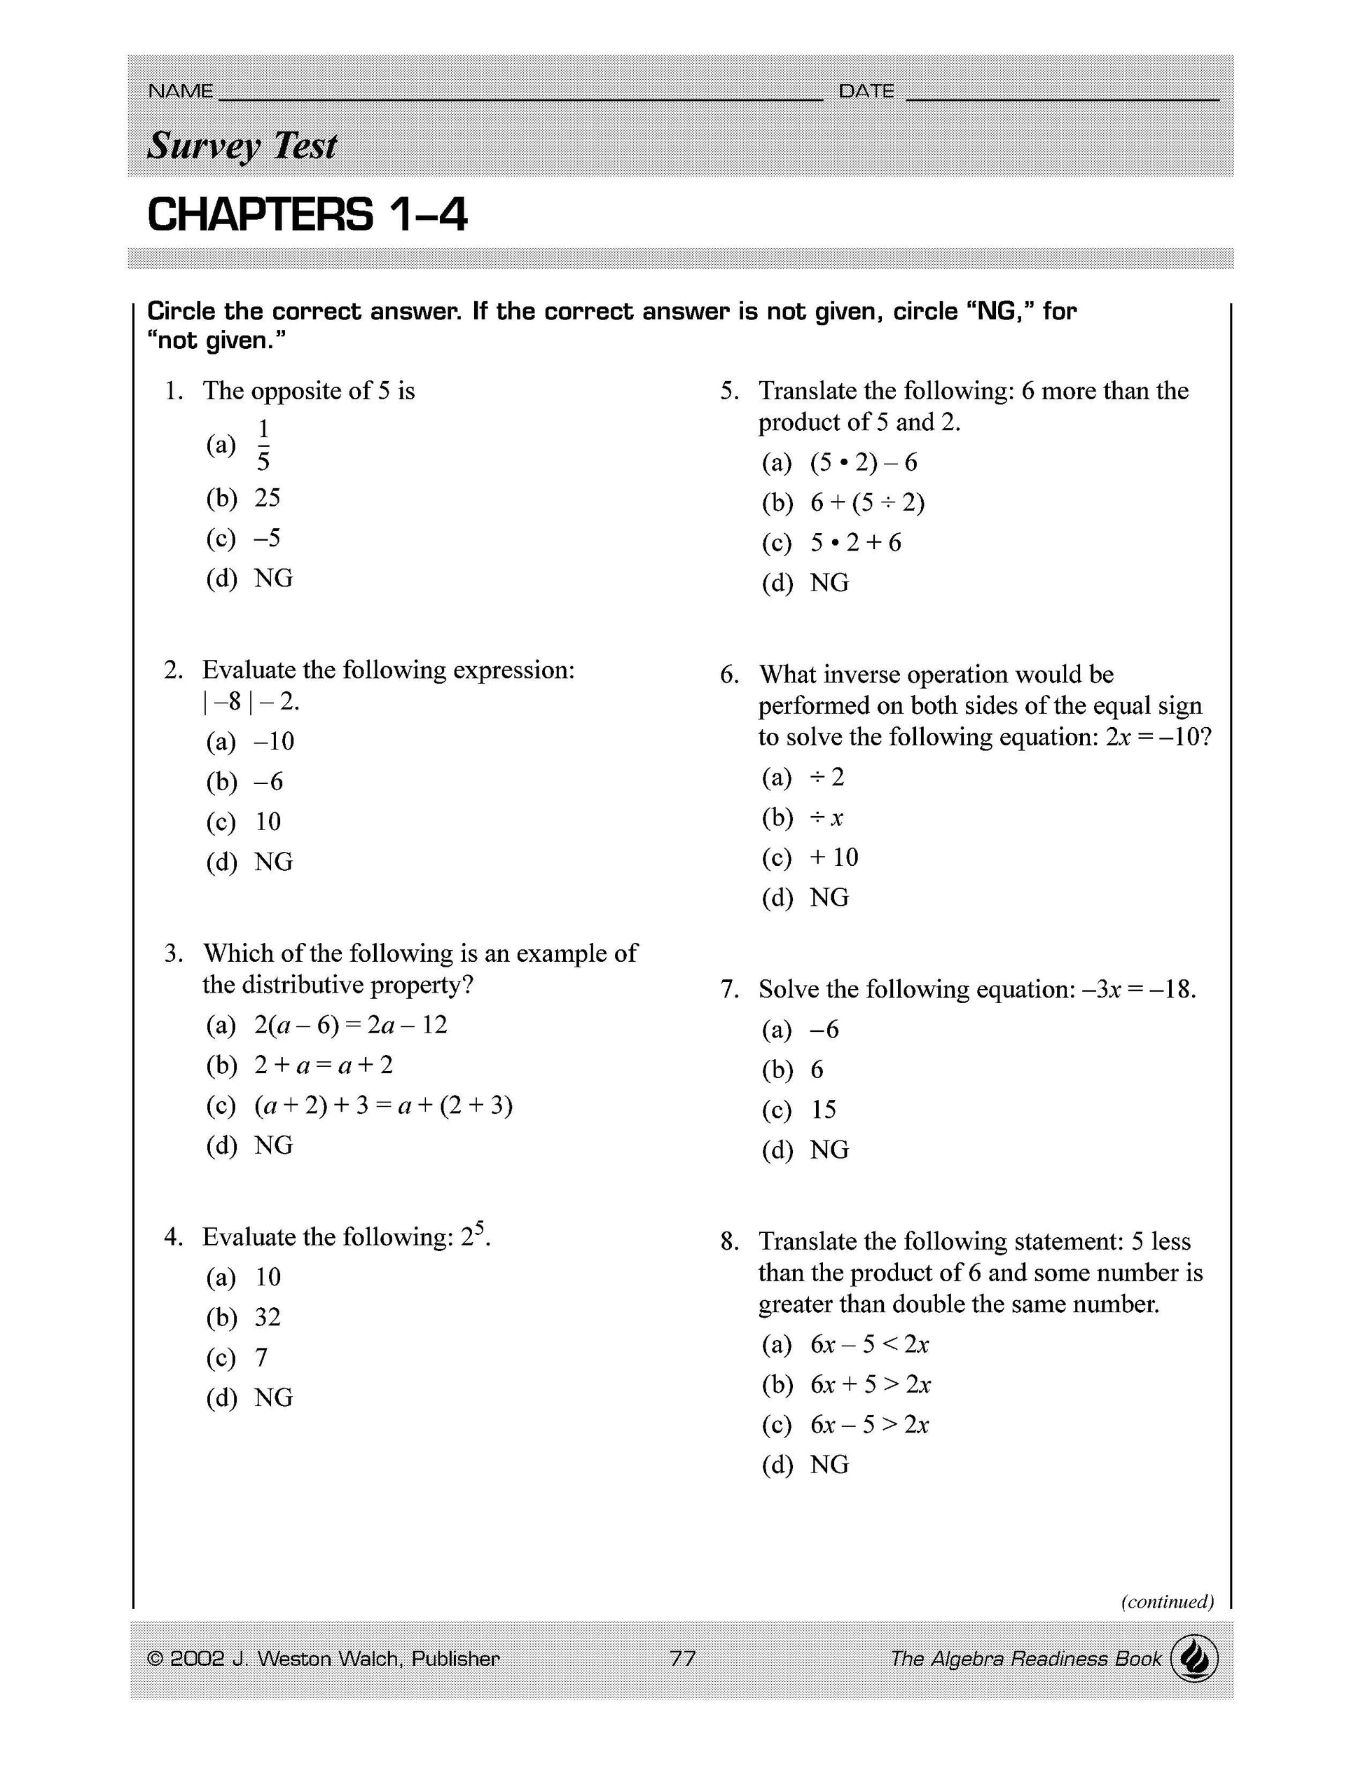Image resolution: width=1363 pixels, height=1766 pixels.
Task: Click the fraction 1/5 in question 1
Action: tap(263, 444)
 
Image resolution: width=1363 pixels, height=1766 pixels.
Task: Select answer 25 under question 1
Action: tap(267, 497)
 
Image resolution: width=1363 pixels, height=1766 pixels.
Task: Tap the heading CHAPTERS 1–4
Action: tap(307, 215)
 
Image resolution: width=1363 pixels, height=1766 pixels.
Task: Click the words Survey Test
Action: tap(242, 146)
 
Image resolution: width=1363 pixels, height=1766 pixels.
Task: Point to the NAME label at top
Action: tap(180, 91)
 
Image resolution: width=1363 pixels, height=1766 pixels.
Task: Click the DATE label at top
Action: tap(866, 91)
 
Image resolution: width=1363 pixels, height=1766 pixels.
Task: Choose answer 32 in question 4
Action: tap(268, 1317)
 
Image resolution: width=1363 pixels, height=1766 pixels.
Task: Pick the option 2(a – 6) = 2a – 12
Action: tap(350, 1026)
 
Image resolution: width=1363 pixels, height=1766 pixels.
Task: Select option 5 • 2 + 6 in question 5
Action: tap(855, 543)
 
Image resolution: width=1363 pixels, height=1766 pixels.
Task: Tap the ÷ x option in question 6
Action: tap(826, 818)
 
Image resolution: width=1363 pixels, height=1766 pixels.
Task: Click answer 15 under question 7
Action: tap(823, 1110)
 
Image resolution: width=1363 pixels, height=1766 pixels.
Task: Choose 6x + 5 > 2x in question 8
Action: tap(870, 1384)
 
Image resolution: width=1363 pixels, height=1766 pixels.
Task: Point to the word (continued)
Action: tap(1167, 1601)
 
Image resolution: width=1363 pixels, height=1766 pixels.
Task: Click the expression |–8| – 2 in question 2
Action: tap(251, 701)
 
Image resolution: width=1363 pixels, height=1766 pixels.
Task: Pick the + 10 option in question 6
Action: tap(833, 858)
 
